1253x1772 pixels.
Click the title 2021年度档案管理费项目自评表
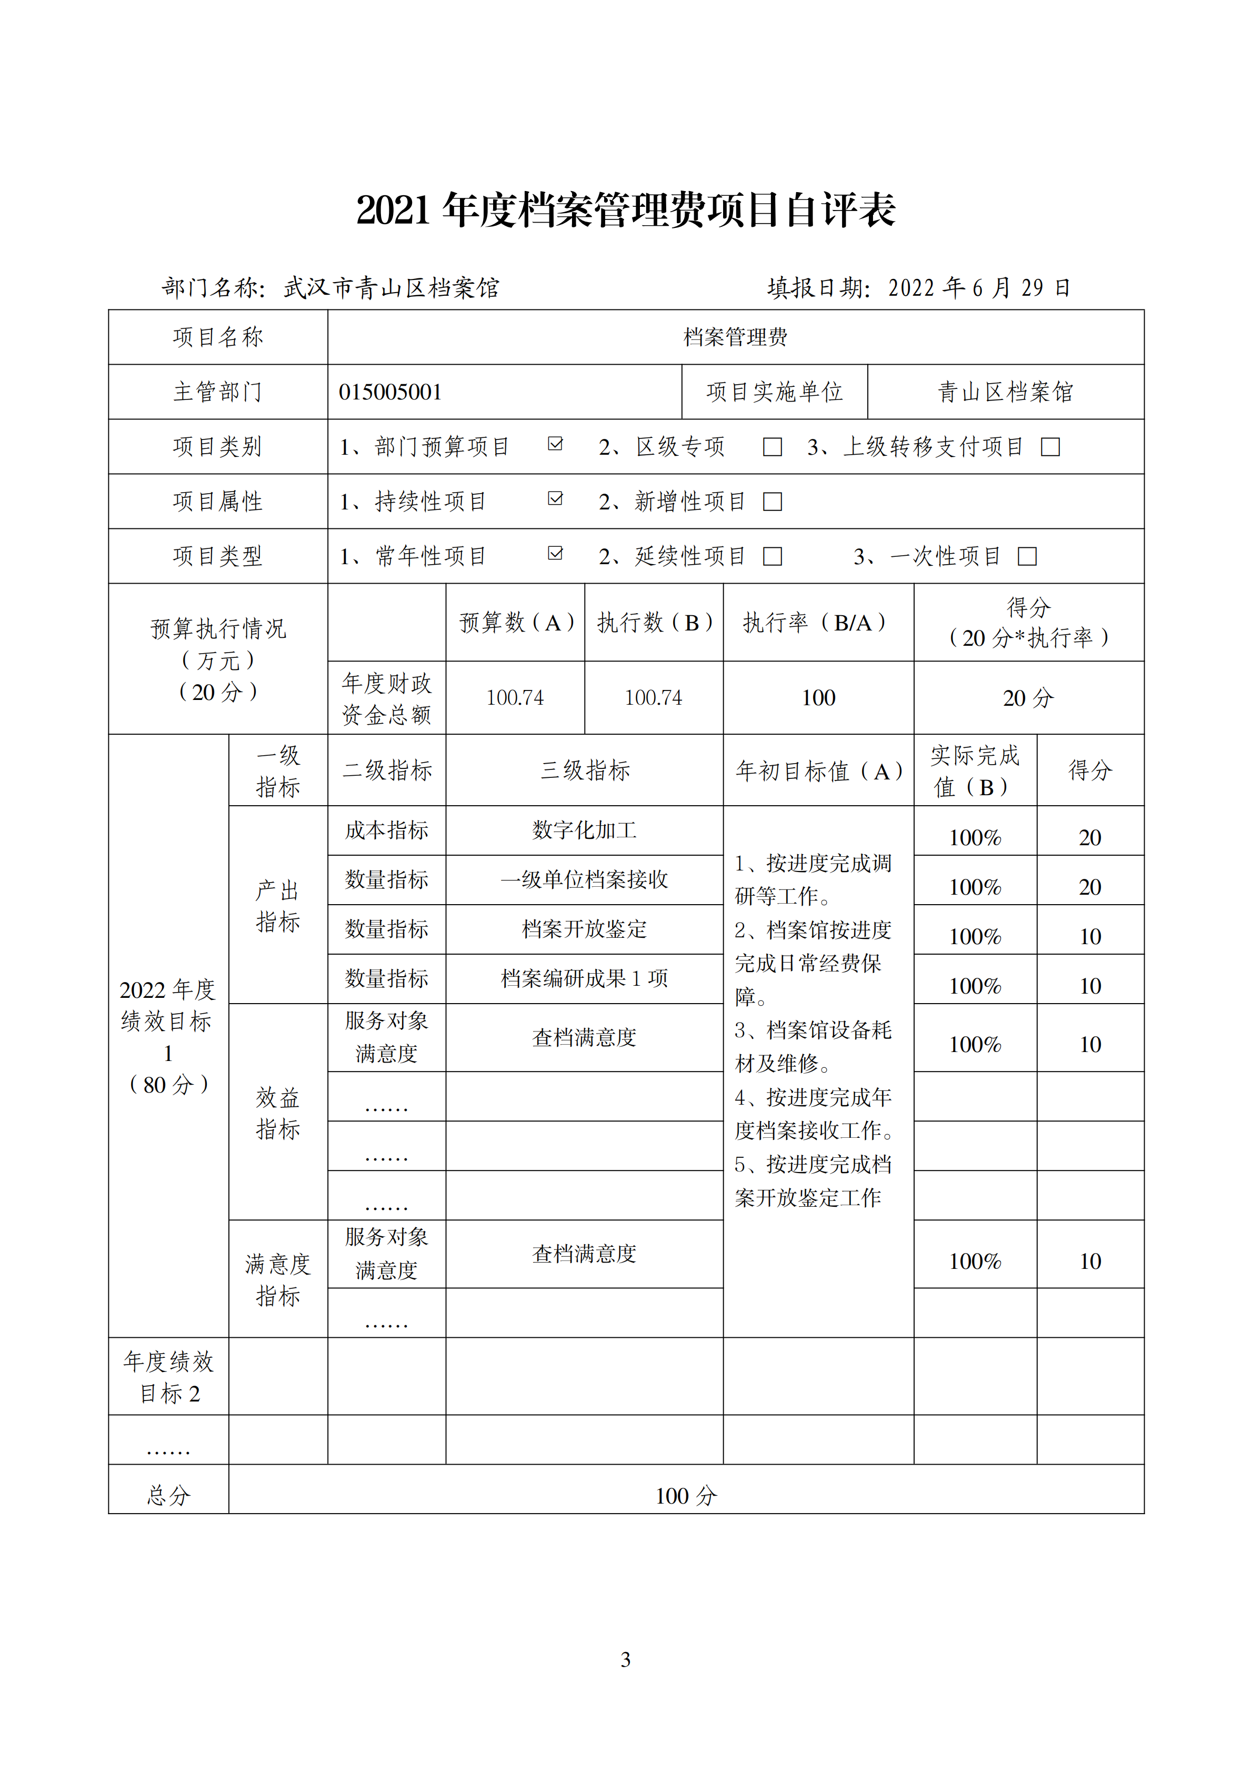click(x=626, y=210)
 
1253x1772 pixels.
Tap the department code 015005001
click(x=390, y=392)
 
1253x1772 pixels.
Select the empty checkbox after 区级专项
click(x=773, y=447)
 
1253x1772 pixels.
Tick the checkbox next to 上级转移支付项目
click(x=1050, y=447)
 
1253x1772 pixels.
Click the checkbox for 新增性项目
click(x=773, y=502)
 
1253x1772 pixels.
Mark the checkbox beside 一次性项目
click(x=1027, y=556)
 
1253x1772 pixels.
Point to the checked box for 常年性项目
click(x=555, y=553)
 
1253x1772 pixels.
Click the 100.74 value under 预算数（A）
click(x=515, y=698)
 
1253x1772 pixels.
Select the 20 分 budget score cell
click(x=1028, y=698)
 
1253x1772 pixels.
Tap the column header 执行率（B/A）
click(x=818, y=622)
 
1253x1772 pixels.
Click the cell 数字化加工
click(x=584, y=830)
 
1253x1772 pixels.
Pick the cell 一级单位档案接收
click(x=584, y=880)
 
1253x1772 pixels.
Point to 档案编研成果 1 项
click(x=584, y=978)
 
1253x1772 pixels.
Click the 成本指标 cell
click(x=387, y=830)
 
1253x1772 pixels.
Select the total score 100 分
click(x=686, y=1496)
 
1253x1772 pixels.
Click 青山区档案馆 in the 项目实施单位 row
click(x=1005, y=392)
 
